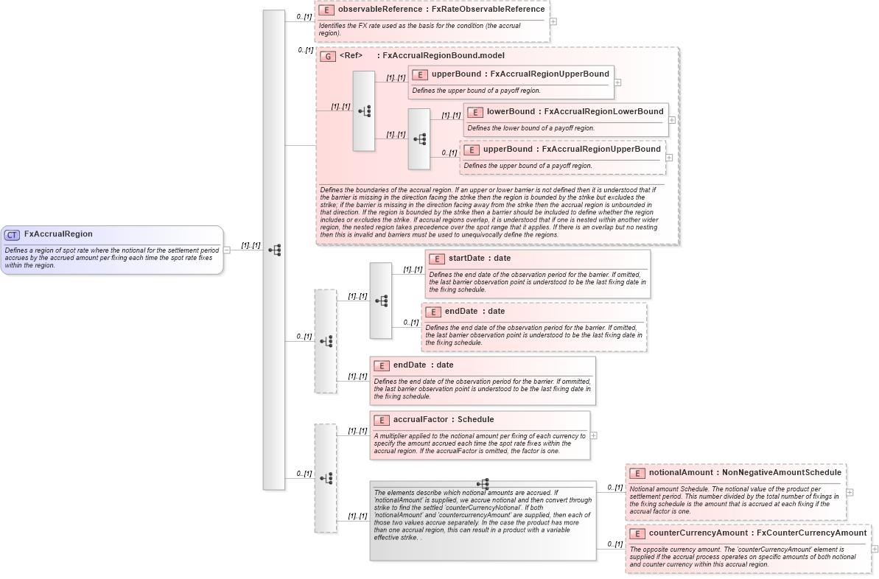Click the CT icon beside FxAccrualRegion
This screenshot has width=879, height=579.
(12, 234)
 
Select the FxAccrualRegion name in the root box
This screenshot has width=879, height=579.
(58, 234)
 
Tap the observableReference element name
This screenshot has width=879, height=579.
(380, 10)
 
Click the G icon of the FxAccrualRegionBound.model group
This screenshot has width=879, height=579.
(328, 56)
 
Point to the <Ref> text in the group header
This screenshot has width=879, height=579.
(351, 56)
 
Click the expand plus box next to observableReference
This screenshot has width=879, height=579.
(553, 21)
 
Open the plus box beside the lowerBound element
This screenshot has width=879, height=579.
(672, 119)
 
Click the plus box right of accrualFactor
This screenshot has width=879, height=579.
(594, 435)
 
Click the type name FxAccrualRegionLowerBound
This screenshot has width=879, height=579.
(603, 112)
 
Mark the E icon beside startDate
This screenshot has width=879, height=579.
(437, 259)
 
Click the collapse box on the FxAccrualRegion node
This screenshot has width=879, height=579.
(227, 250)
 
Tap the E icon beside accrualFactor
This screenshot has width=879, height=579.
(382, 421)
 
